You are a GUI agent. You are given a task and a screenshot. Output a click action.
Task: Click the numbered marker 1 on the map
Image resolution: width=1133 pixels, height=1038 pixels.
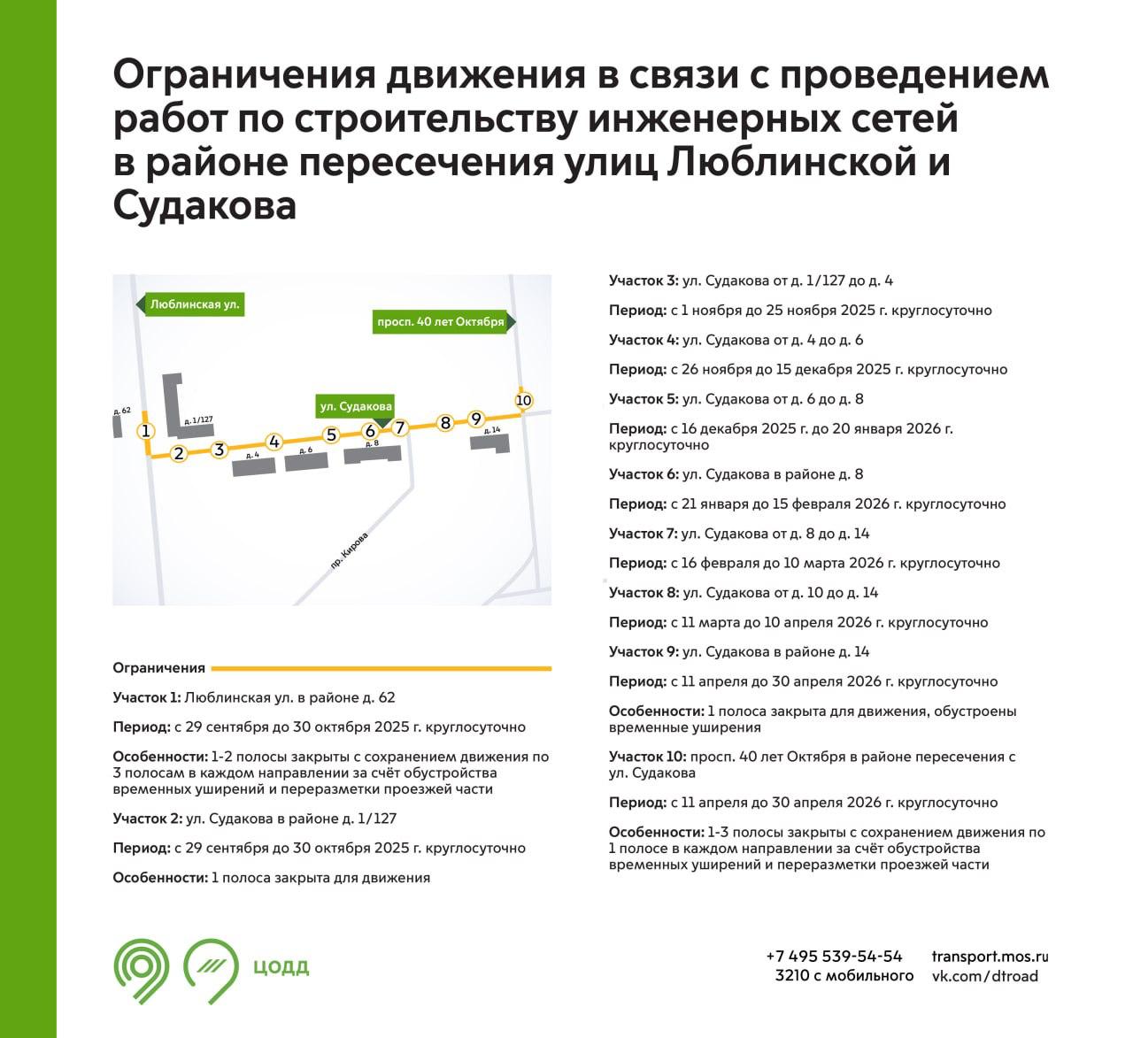pyautogui.click(x=146, y=432)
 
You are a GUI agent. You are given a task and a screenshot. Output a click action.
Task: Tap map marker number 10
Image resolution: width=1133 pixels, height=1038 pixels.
pyautogui.click(x=524, y=400)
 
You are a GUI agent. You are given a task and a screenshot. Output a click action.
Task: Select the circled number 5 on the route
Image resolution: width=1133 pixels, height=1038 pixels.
pyautogui.click(x=332, y=434)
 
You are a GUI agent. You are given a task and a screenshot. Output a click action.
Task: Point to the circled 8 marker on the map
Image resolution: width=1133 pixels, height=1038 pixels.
pyautogui.click(x=445, y=422)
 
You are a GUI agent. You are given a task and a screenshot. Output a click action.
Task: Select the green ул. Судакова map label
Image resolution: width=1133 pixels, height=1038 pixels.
pyautogui.click(x=355, y=406)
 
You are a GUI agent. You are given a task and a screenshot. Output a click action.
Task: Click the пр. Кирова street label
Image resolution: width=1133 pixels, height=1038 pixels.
pyautogui.click(x=349, y=550)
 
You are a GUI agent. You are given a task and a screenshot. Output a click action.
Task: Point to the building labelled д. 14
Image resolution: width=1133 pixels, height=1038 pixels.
pyautogui.click(x=490, y=442)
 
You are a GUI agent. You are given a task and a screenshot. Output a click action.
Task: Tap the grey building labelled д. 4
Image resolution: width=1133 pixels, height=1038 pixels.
pyautogui.click(x=254, y=467)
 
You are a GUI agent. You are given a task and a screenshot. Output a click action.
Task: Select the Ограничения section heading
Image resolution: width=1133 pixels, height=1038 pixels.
pyautogui.click(x=158, y=668)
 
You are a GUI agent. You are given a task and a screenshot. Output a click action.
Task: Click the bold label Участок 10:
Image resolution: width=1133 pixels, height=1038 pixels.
pyautogui.click(x=647, y=757)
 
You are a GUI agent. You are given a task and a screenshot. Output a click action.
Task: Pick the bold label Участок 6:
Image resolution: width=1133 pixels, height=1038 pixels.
pyautogui.click(x=644, y=474)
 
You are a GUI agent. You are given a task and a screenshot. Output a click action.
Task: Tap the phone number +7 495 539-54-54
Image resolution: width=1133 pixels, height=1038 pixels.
pyautogui.click(x=834, y=956)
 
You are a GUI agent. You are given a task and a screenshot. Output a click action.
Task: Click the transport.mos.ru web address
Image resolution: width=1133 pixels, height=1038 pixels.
pyautogui.click(x=990, y=957)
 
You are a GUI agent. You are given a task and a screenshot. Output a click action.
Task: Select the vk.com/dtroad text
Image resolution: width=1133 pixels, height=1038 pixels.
pyautogui.click(x=985, y=976)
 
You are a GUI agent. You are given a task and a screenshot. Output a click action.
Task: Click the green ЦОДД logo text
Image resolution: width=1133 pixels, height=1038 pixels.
pyautogui.click(x=281, y=967)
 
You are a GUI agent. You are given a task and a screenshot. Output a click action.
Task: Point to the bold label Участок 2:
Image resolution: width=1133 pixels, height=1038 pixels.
pyautogui.click(x=148, y=819)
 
